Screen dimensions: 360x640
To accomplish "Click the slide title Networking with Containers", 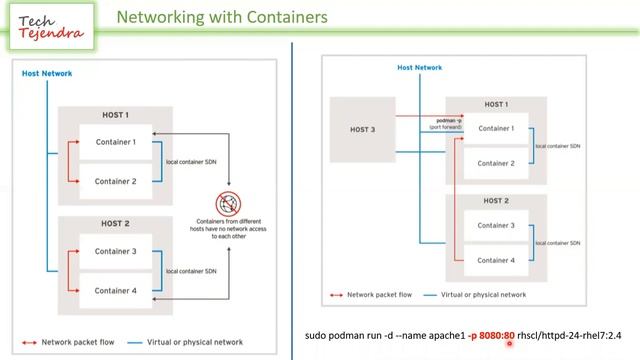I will [x=221, y=17].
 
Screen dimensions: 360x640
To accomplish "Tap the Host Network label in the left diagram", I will [x=47, y=73].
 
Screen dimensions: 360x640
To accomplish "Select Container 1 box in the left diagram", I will [x=115, y=142].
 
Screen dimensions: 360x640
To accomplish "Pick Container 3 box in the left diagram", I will [x=115, y=251].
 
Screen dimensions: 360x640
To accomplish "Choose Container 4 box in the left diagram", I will [x=115, y=291].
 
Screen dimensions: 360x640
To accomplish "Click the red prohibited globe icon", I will [x=228, y=204].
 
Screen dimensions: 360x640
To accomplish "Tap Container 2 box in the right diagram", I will [x=496, y=162].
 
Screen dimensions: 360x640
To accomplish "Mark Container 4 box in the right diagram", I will [x=496, y=260].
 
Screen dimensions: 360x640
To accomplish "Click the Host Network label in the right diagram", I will [x=419, y=68].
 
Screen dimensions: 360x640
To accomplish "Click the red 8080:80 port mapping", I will [x=496, y=336].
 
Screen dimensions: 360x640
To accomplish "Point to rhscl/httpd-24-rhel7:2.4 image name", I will [x=569, y=336].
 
